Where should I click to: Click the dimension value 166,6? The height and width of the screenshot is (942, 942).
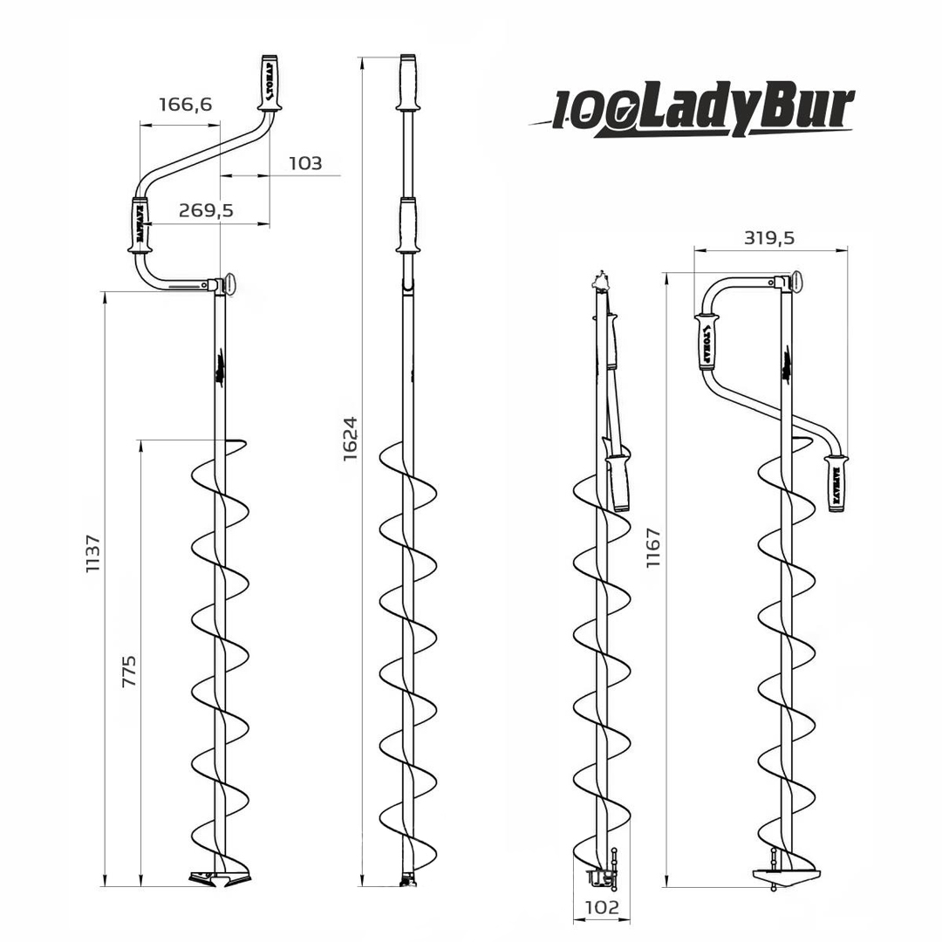[x=185, y=106]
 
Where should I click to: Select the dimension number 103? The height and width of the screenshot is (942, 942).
[x=304, y=163]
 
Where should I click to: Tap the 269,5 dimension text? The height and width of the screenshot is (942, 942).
[x=206, y=210]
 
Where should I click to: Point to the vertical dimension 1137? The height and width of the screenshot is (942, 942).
[x=92, y=554]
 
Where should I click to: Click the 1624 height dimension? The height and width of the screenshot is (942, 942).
[x=350, y=438]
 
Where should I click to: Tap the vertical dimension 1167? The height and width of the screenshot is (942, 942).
[x=653, y=548]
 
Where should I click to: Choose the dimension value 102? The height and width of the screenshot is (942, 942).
[x=601, y=907]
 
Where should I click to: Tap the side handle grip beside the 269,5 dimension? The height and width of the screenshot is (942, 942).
[x=139, y=225]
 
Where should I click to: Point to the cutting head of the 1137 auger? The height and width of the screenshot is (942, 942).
[x=219, y=876]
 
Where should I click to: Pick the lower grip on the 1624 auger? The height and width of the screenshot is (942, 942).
[x=406, y=225]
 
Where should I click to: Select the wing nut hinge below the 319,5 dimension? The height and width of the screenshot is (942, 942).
[x=792, y=282]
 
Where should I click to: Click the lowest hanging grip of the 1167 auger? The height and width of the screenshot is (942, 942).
[x=836, y=482]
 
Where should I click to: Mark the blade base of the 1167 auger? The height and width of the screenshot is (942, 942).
[x=784, y=874]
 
